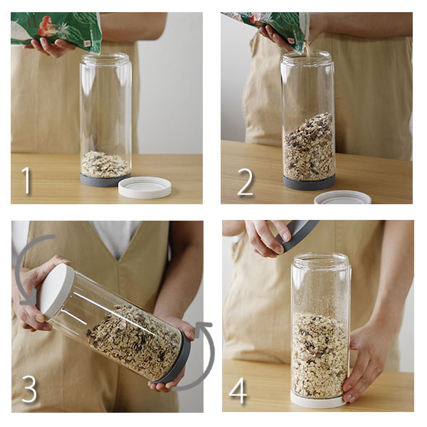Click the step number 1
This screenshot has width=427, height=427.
[x=26, y=180]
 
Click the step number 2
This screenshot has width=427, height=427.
[x=246, y=182]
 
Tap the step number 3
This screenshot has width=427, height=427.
[x=29, y=389]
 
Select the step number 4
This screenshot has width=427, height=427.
[x=238, y=390]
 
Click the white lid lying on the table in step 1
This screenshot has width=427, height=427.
[x=145, y=187]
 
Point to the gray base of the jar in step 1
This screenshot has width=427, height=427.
[x=105, y=180]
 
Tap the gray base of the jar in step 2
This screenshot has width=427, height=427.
[x=310, y=182]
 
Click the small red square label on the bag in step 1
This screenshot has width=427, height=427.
[x=88, y=43]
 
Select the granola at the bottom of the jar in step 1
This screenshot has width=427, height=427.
[x=105, y=164]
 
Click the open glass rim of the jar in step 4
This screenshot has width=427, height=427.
[x=320, y=258]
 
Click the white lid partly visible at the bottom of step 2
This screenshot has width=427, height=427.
[x=342, y=198]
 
